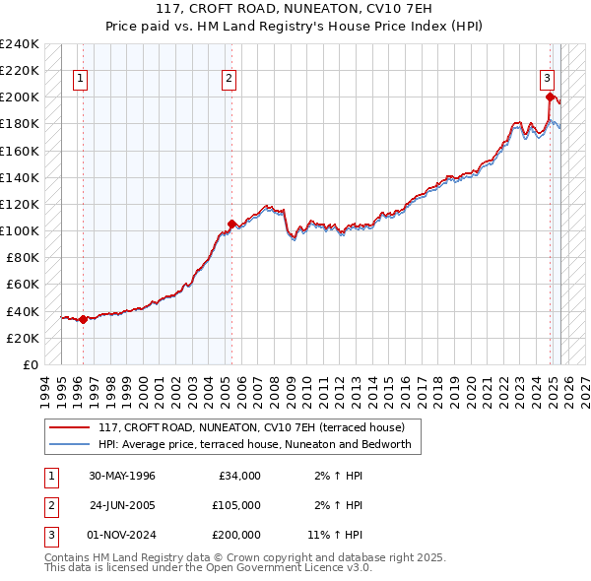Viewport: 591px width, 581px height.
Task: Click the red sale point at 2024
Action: pyautogui.click(x=550, y=97)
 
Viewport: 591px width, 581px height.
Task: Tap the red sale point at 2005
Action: pyautogui.click(x=231, y=224)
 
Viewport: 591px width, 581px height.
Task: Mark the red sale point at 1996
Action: pyautogui.click(x=84, y=319)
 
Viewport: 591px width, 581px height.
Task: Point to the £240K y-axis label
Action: pyautogui.click(x=20, y=44)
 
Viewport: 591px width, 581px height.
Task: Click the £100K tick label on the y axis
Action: pyautogui.click(x=20, y=230)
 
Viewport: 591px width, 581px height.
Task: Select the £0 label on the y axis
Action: pyautogui.click(x=31, y=364)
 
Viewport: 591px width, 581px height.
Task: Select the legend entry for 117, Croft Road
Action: pyautogui.click(x=258, y=428)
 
